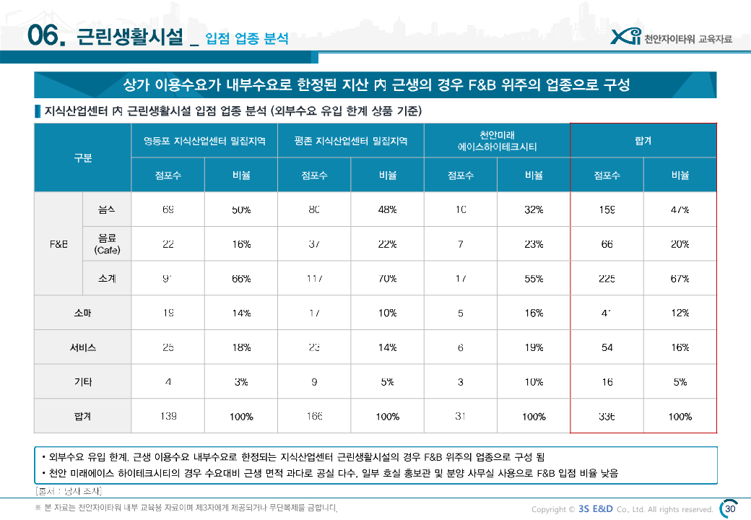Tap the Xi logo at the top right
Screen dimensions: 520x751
pos(625,38)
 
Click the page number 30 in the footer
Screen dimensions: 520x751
pos(729,508)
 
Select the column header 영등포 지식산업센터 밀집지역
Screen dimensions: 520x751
pos(204,141)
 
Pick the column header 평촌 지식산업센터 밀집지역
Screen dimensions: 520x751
pos(351,141)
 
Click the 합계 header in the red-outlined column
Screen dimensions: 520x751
pos(643,141)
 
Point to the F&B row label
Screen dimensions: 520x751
pos(58,244)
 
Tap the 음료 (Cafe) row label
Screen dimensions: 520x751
pos(107,244)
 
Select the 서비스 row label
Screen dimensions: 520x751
pos(83,347)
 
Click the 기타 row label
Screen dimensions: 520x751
pos(83,382)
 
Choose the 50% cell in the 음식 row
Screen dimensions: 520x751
pos(241,209)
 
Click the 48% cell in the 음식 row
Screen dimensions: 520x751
pos(387,209)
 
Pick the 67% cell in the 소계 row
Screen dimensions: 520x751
pos(680,279)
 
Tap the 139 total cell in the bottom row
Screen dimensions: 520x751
pos(168,417)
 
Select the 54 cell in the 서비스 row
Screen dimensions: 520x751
pos(607,347)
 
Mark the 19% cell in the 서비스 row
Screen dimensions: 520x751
pos(534,347)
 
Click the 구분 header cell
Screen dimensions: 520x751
pos(83,158)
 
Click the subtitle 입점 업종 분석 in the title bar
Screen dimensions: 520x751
pos(246,38)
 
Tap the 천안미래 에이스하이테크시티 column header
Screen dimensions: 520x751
pos(497,141)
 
